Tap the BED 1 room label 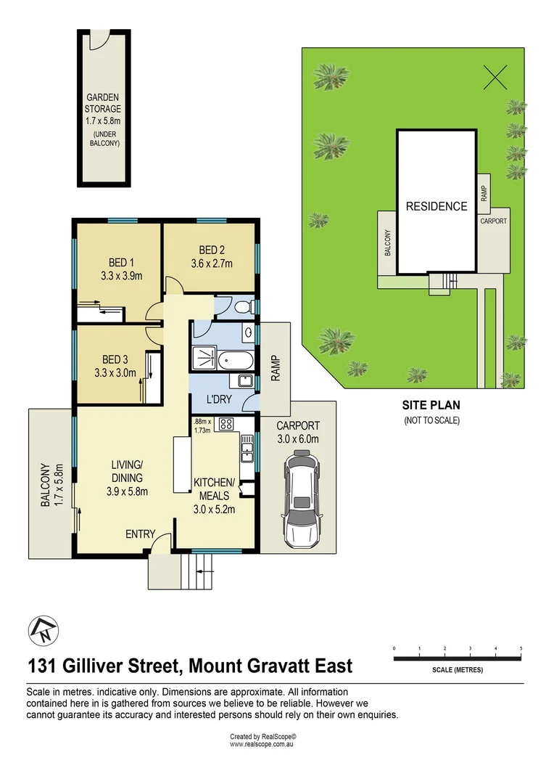pos(122,262)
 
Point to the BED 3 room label pos(115,359)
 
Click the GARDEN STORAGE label pos(104,103)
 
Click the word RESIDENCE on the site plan pos(436,206)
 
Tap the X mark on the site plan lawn pos(495,76)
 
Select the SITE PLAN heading pos(431,406)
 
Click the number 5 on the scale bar pos(521,648)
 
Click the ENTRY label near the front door pos(141,534)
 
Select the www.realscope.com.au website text pos(262,744)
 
